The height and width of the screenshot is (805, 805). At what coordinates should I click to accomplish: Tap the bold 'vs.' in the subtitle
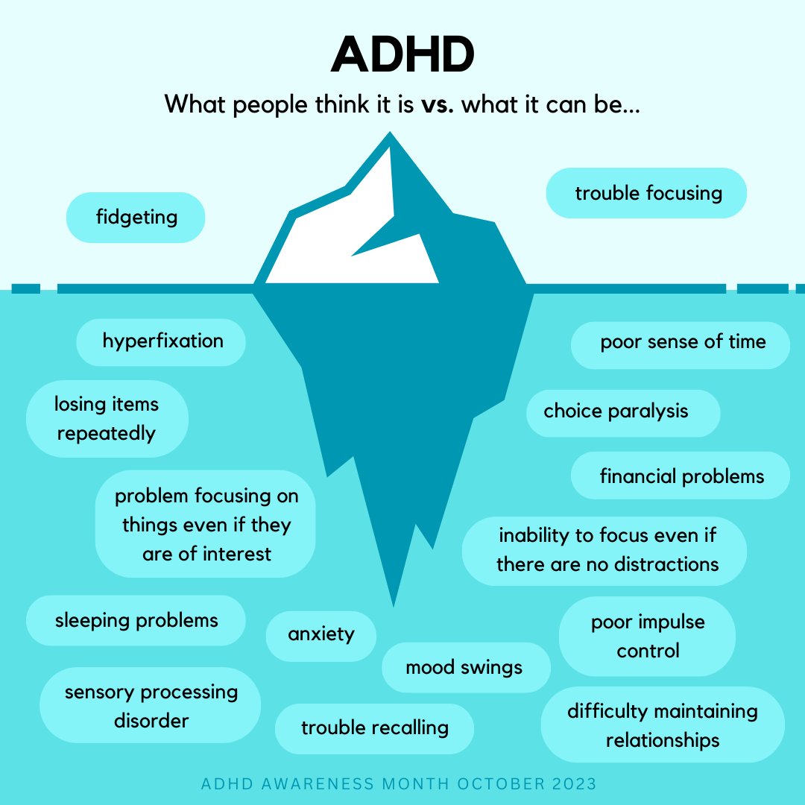pos(437,104)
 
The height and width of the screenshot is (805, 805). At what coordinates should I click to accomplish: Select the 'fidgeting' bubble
pos(136,218)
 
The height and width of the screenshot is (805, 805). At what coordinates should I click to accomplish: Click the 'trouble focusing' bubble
pos(647,193)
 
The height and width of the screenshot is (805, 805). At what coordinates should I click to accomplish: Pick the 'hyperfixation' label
pos(162,341)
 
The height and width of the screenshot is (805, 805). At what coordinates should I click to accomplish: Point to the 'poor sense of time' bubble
pos(681,342)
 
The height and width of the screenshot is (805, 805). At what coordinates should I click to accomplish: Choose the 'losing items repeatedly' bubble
pos(107,419)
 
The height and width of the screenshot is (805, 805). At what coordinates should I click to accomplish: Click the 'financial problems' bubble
pos(681,476)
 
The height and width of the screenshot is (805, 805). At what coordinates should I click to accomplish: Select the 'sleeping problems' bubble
pos(136,620)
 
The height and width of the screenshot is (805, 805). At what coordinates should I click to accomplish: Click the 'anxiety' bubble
pos(321,635)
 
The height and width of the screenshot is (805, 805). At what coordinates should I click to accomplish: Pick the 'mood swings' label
pos(465,667)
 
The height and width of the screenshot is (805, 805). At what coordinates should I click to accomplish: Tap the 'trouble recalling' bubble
pos(374,727)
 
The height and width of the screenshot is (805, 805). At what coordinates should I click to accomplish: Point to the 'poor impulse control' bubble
pos(647,637)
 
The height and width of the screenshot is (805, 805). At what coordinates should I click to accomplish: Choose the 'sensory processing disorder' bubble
pos(151,706)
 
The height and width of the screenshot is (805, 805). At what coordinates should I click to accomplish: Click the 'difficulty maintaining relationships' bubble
pos(662,725)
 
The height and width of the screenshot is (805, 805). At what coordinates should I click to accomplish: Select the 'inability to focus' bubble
pos(604,550)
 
